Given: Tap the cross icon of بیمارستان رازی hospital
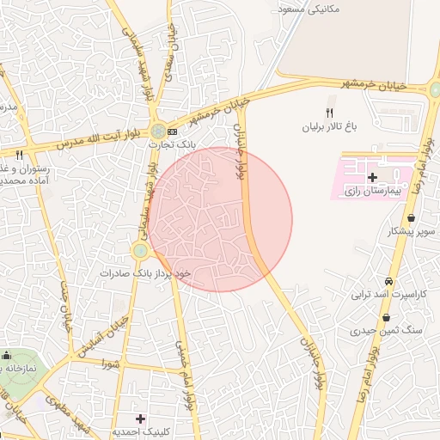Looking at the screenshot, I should point(371,178).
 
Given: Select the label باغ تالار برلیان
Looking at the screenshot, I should point(327,126).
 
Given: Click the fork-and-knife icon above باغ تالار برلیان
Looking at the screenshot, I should point(328,113).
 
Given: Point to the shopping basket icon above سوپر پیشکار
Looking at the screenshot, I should point(413,217).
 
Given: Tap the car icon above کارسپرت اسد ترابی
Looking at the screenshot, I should point(388,282).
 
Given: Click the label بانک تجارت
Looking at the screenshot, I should point(173,145).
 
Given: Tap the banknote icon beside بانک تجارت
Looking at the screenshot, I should point(173,131).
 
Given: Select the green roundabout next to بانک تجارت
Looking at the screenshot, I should point(157,131).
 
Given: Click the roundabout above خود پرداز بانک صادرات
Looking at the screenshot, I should point(140,250).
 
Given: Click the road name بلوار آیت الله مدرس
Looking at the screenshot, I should point(95,137).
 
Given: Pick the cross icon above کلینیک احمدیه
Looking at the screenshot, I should point(141,418).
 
